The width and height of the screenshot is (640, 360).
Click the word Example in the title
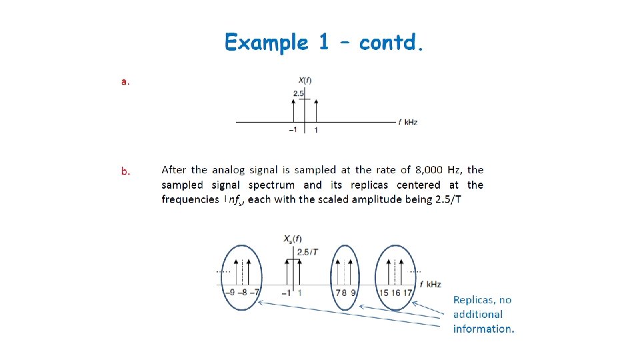pyautogui.click(x=266, y=43)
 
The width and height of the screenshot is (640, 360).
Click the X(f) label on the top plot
pyautogui.click(x=305, y=81)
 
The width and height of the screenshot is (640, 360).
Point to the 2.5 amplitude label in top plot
pyautogui.click(x=298, y=94)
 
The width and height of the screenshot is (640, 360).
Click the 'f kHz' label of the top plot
pyautogui.click(x=408, y=122)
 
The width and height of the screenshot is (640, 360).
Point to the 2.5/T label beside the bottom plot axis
pyautogui.click(x=308, y=251)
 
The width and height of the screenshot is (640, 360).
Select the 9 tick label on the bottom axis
pyautogui.click(x=352, y=292)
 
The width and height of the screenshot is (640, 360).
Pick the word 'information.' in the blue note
pyautogui.click(x=484, y=328)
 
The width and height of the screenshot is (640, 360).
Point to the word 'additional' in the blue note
pyautogui.click(x=478, y=314)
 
